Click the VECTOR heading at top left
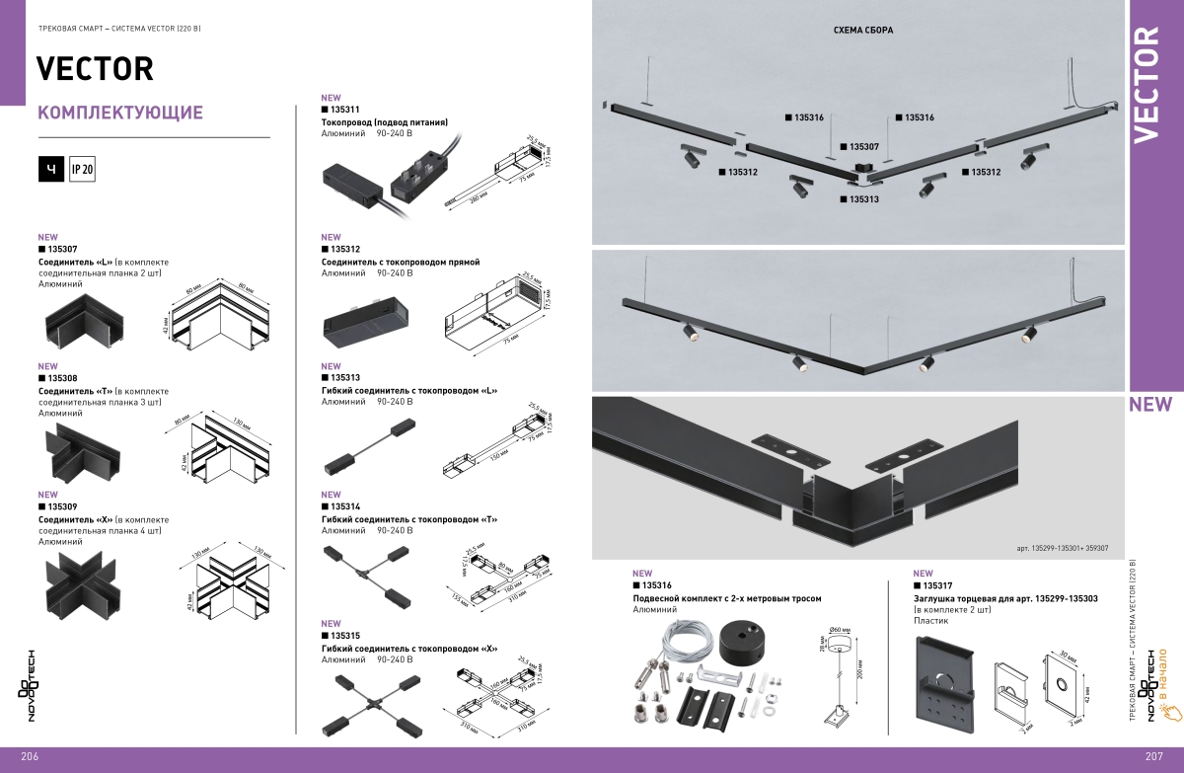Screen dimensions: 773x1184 coord(95,68)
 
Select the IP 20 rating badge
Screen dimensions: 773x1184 coord(82,170)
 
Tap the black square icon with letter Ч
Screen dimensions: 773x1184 coord(51,170)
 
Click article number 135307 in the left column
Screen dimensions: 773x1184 coord(62,250)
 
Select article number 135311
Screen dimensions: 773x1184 coord(344,110)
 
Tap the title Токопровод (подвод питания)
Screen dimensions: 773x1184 coord(385,121)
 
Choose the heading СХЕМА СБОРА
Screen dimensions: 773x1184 coord(863,31)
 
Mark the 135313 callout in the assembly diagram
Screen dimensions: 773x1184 coord(858,199)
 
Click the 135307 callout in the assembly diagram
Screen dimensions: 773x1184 coord(858,146)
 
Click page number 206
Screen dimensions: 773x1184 coord(28,756)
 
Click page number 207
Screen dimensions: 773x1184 coord(1156,756)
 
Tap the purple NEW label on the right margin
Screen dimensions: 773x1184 coord(1150,404)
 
